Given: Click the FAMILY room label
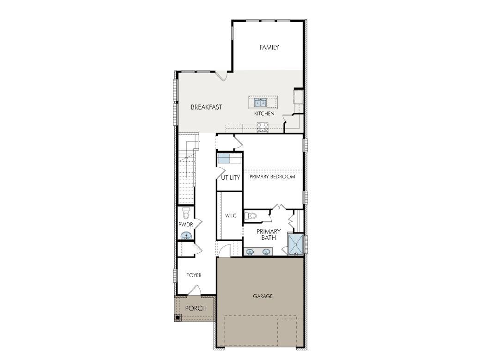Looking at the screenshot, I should pos(269,47).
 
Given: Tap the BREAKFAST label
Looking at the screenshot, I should pos(207,107).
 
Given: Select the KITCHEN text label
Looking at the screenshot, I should pos(264,114).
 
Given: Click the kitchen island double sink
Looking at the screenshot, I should pos(260,102).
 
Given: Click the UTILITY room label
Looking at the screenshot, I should pos(230,177).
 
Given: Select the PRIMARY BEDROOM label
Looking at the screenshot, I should pos(272,177).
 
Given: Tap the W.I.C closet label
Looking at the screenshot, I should pos(231,216).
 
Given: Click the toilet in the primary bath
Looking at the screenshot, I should pos(251,215).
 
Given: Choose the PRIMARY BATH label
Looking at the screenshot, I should pos(269,235).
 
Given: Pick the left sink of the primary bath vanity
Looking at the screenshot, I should pos(250,252).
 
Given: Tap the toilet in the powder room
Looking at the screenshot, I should pos(186,214).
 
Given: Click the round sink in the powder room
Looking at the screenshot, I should pos(186,236).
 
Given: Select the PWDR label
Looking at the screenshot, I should pos(185,225).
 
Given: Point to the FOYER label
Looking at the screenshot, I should pos(194,275).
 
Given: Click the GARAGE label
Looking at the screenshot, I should pos(263,296).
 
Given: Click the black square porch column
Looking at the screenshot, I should pos(177,317).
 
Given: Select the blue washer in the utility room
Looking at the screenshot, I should pos(224,158).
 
